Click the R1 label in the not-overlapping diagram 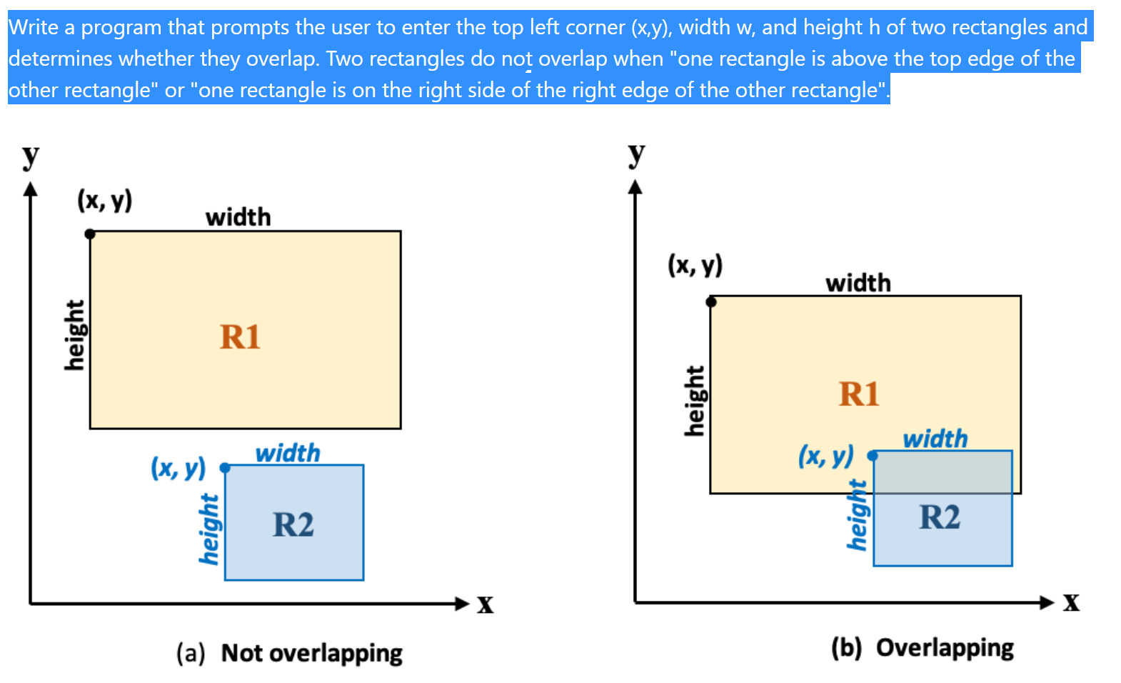[x=240, y=337]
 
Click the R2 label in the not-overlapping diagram [x=293, y=525]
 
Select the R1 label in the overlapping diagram [x=859, y=394]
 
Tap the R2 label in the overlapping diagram [x=940, y=517]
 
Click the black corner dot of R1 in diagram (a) [x=90, y=234]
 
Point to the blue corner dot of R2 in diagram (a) [x=225, y=468]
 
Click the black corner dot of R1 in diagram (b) [x=711, y=301]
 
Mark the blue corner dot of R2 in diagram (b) [x=873, y=455]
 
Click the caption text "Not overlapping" [x=311, y=653]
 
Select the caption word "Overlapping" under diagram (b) [x=945, y=648]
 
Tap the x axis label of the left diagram [x=486, y=604]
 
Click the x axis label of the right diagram [x=1071, y=602]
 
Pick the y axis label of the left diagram [x=30, y=155]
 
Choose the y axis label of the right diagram [x=636, y=153]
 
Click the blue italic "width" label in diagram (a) [x=288, y=453]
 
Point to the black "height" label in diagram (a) [x=74, y=335]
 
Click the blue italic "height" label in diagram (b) [x=857, y=515]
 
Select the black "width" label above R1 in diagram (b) [x=858, y=283]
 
